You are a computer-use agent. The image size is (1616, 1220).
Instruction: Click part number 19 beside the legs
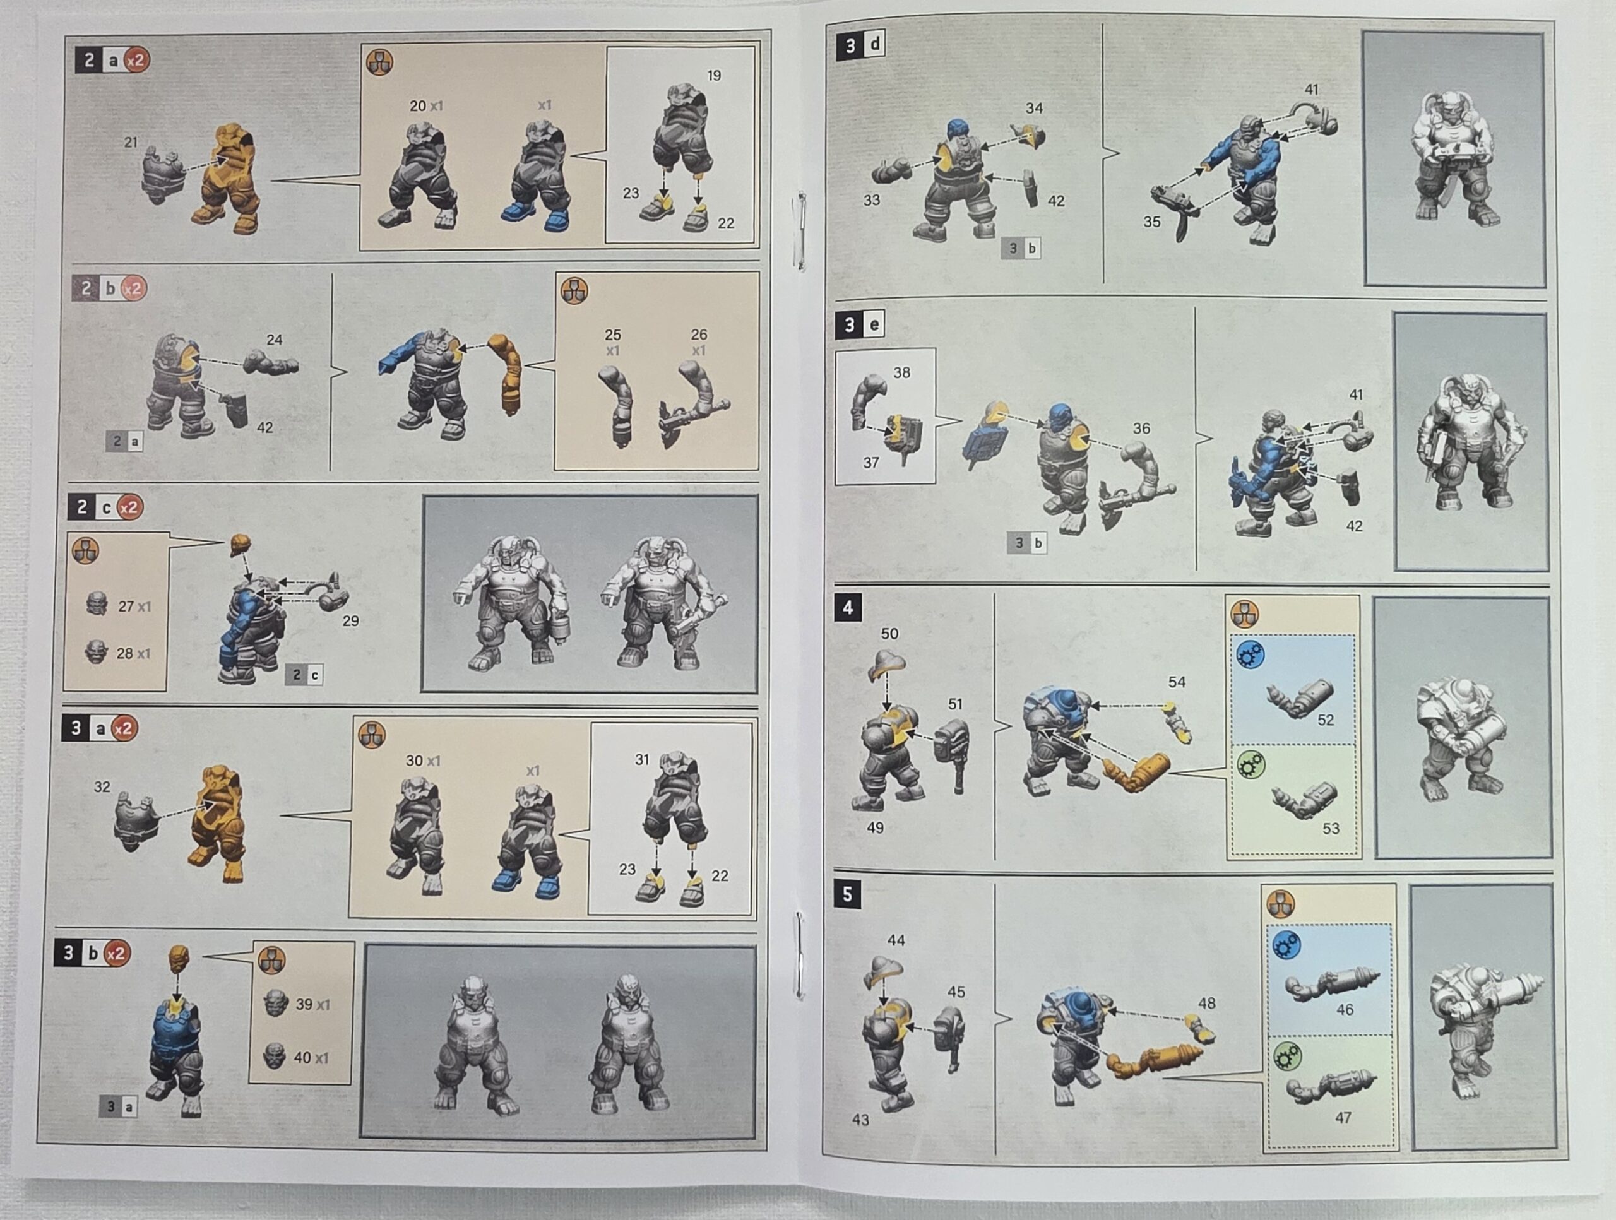pos(714,75)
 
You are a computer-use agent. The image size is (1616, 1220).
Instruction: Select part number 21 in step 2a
pos(131,142)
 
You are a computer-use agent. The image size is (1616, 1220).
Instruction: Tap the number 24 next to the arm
pos(274,339)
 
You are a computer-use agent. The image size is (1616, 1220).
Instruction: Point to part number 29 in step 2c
pos(351,620)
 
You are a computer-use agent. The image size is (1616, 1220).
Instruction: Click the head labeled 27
pos(97,603)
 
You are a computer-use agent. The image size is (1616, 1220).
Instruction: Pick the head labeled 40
pos(274,1056)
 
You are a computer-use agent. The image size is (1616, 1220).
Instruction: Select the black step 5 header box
pos(847,894)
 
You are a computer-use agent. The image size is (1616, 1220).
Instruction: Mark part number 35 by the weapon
pos(1151,222)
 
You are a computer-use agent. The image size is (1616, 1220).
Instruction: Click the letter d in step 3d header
pos(874,45)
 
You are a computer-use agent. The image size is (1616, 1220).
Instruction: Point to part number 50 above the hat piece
pos(889,634)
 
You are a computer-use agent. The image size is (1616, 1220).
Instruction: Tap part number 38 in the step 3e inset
pos(901,372)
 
